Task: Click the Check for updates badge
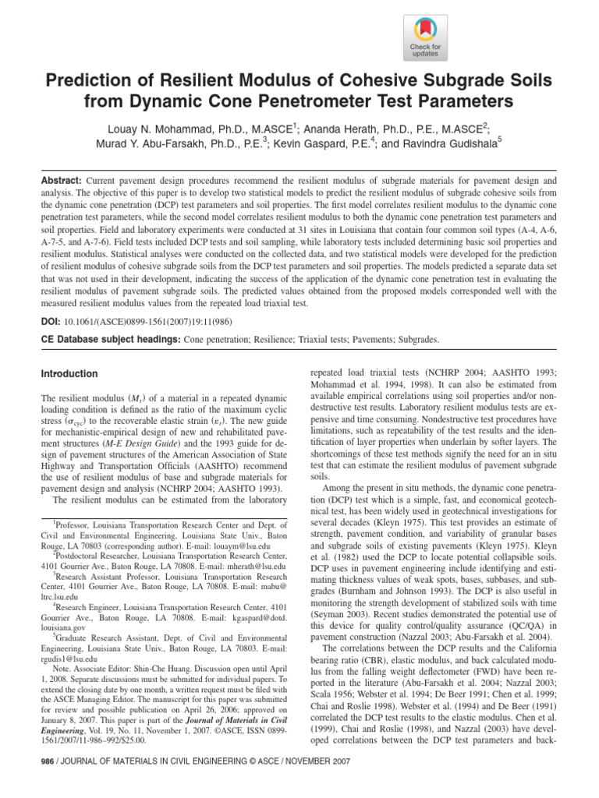(x=425, y=37)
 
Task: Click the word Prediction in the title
(x=98, y=81)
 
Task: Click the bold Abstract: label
(x=62, y=179)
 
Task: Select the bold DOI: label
(x=51, y=320)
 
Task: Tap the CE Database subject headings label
(x=109, y=340)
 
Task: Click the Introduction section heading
(x=69, y=374)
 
